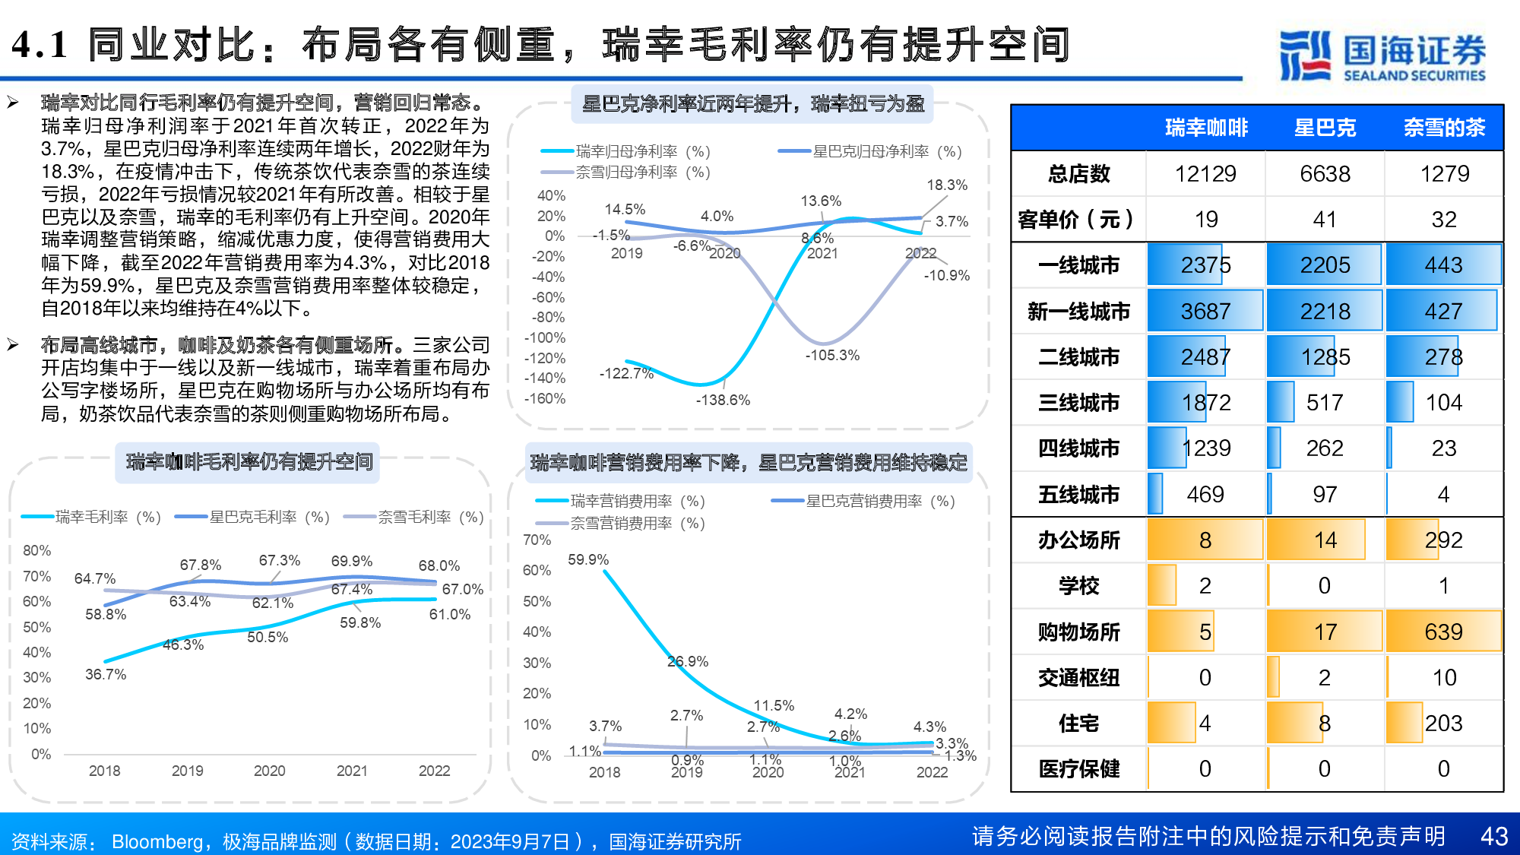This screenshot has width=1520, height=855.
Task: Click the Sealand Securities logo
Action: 1382,55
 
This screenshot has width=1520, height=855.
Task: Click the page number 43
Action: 1493,836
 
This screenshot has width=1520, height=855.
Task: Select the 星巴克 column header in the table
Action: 1325,128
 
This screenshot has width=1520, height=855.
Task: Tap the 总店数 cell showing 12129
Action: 1205,174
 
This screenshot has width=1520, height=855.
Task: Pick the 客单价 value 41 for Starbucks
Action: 1325,220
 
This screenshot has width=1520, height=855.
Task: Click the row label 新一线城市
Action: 1078,312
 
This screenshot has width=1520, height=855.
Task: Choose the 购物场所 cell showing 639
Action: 1443,632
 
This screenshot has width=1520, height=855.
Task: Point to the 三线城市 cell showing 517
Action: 1325,403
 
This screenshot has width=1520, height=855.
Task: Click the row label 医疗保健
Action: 1078,769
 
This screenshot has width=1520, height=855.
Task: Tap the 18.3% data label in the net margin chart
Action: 947,185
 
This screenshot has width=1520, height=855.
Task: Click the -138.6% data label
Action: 723,401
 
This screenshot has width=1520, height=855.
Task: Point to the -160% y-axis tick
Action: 545,399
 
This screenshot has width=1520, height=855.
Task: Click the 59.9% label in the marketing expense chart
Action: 588,560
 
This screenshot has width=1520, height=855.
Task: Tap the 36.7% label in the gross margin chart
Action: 106,675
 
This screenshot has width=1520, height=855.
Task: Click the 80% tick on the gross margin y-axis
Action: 36,551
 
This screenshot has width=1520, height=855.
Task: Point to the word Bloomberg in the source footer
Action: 157,842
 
